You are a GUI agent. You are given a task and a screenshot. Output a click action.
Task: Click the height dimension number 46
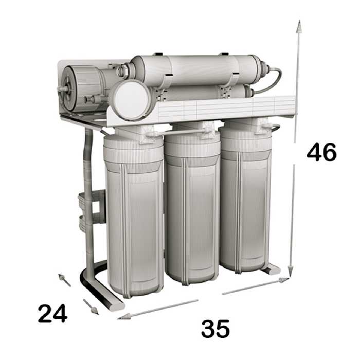coord(321,152)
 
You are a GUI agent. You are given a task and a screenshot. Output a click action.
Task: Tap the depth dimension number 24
coord(52,313)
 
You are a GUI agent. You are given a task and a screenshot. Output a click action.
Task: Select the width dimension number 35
coord(215,329)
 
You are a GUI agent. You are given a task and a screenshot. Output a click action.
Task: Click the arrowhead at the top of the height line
coord(299,26)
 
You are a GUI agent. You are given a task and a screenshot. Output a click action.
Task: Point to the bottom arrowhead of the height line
coord(291,271)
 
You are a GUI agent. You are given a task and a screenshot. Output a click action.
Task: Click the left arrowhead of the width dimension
coord(124,316)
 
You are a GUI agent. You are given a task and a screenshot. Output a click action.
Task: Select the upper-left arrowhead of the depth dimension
coord(62,277)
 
